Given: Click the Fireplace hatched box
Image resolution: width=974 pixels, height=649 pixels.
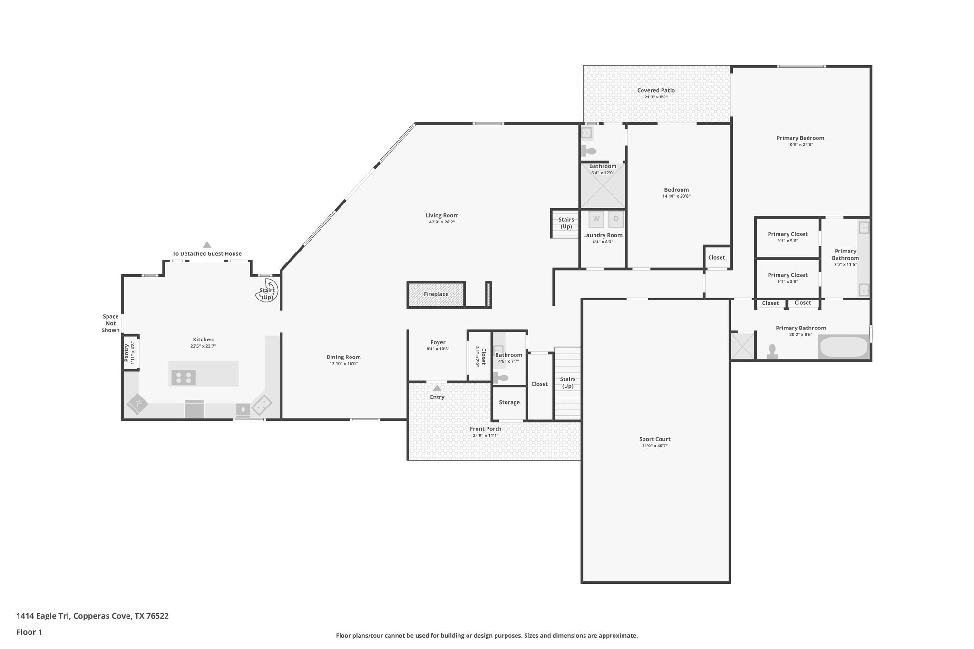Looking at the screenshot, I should [x=436, y=294].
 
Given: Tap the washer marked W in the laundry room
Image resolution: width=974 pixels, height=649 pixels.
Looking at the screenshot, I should [x=596, y=219].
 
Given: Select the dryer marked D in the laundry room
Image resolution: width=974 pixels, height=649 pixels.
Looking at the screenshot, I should [x=616, y=219].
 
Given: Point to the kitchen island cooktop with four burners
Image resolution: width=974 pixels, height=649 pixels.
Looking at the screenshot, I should [x=184, y=378].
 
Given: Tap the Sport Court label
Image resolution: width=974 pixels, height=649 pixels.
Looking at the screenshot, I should [x=654, y=439].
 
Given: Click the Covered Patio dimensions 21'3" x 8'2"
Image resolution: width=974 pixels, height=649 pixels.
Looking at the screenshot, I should [x=656, y=97].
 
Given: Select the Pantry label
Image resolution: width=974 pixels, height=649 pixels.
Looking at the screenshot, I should [x=127, y=353].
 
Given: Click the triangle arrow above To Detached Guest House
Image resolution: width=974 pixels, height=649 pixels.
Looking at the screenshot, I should [x=207, y=245].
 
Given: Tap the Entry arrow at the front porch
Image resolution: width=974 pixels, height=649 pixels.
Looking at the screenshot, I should [x=437, y=388].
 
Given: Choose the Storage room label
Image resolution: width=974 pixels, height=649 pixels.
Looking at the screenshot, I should [x=509, y=402].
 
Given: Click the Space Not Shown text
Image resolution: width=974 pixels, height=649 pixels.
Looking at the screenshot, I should [x=110, y=323].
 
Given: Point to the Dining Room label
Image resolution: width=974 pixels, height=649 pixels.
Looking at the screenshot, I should [x=343, y=357].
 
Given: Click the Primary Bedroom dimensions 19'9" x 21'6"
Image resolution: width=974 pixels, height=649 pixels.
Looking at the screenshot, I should [x=800, y=145].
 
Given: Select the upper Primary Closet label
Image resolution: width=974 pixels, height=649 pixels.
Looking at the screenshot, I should [x=788, y=234].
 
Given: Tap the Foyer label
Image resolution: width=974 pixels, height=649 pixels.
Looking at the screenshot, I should [x=438, y=342].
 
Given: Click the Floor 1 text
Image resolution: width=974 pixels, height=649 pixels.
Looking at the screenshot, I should [x=29, y=632].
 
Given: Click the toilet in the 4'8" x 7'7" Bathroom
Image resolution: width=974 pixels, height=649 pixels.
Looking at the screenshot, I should [x=501, y=378].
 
